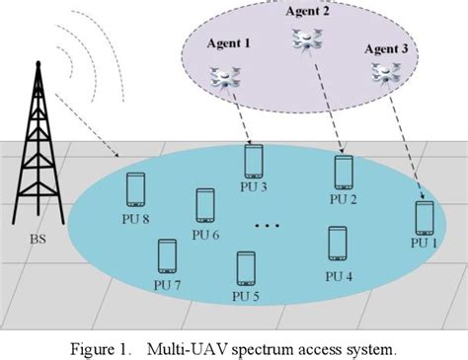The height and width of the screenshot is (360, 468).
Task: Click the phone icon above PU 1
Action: pos(424,218)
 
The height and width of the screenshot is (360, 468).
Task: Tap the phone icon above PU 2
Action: pos(343,173)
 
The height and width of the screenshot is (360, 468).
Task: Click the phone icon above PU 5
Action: pos(246,267)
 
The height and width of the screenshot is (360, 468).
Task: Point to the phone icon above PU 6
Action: pos(205,206)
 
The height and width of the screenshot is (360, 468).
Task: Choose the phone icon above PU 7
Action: pos(167,256)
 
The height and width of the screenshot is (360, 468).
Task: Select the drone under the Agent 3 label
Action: pos(383,71)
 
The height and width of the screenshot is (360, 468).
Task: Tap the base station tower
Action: pos(38,158)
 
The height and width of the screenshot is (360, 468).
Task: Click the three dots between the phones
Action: pos(268,226)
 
